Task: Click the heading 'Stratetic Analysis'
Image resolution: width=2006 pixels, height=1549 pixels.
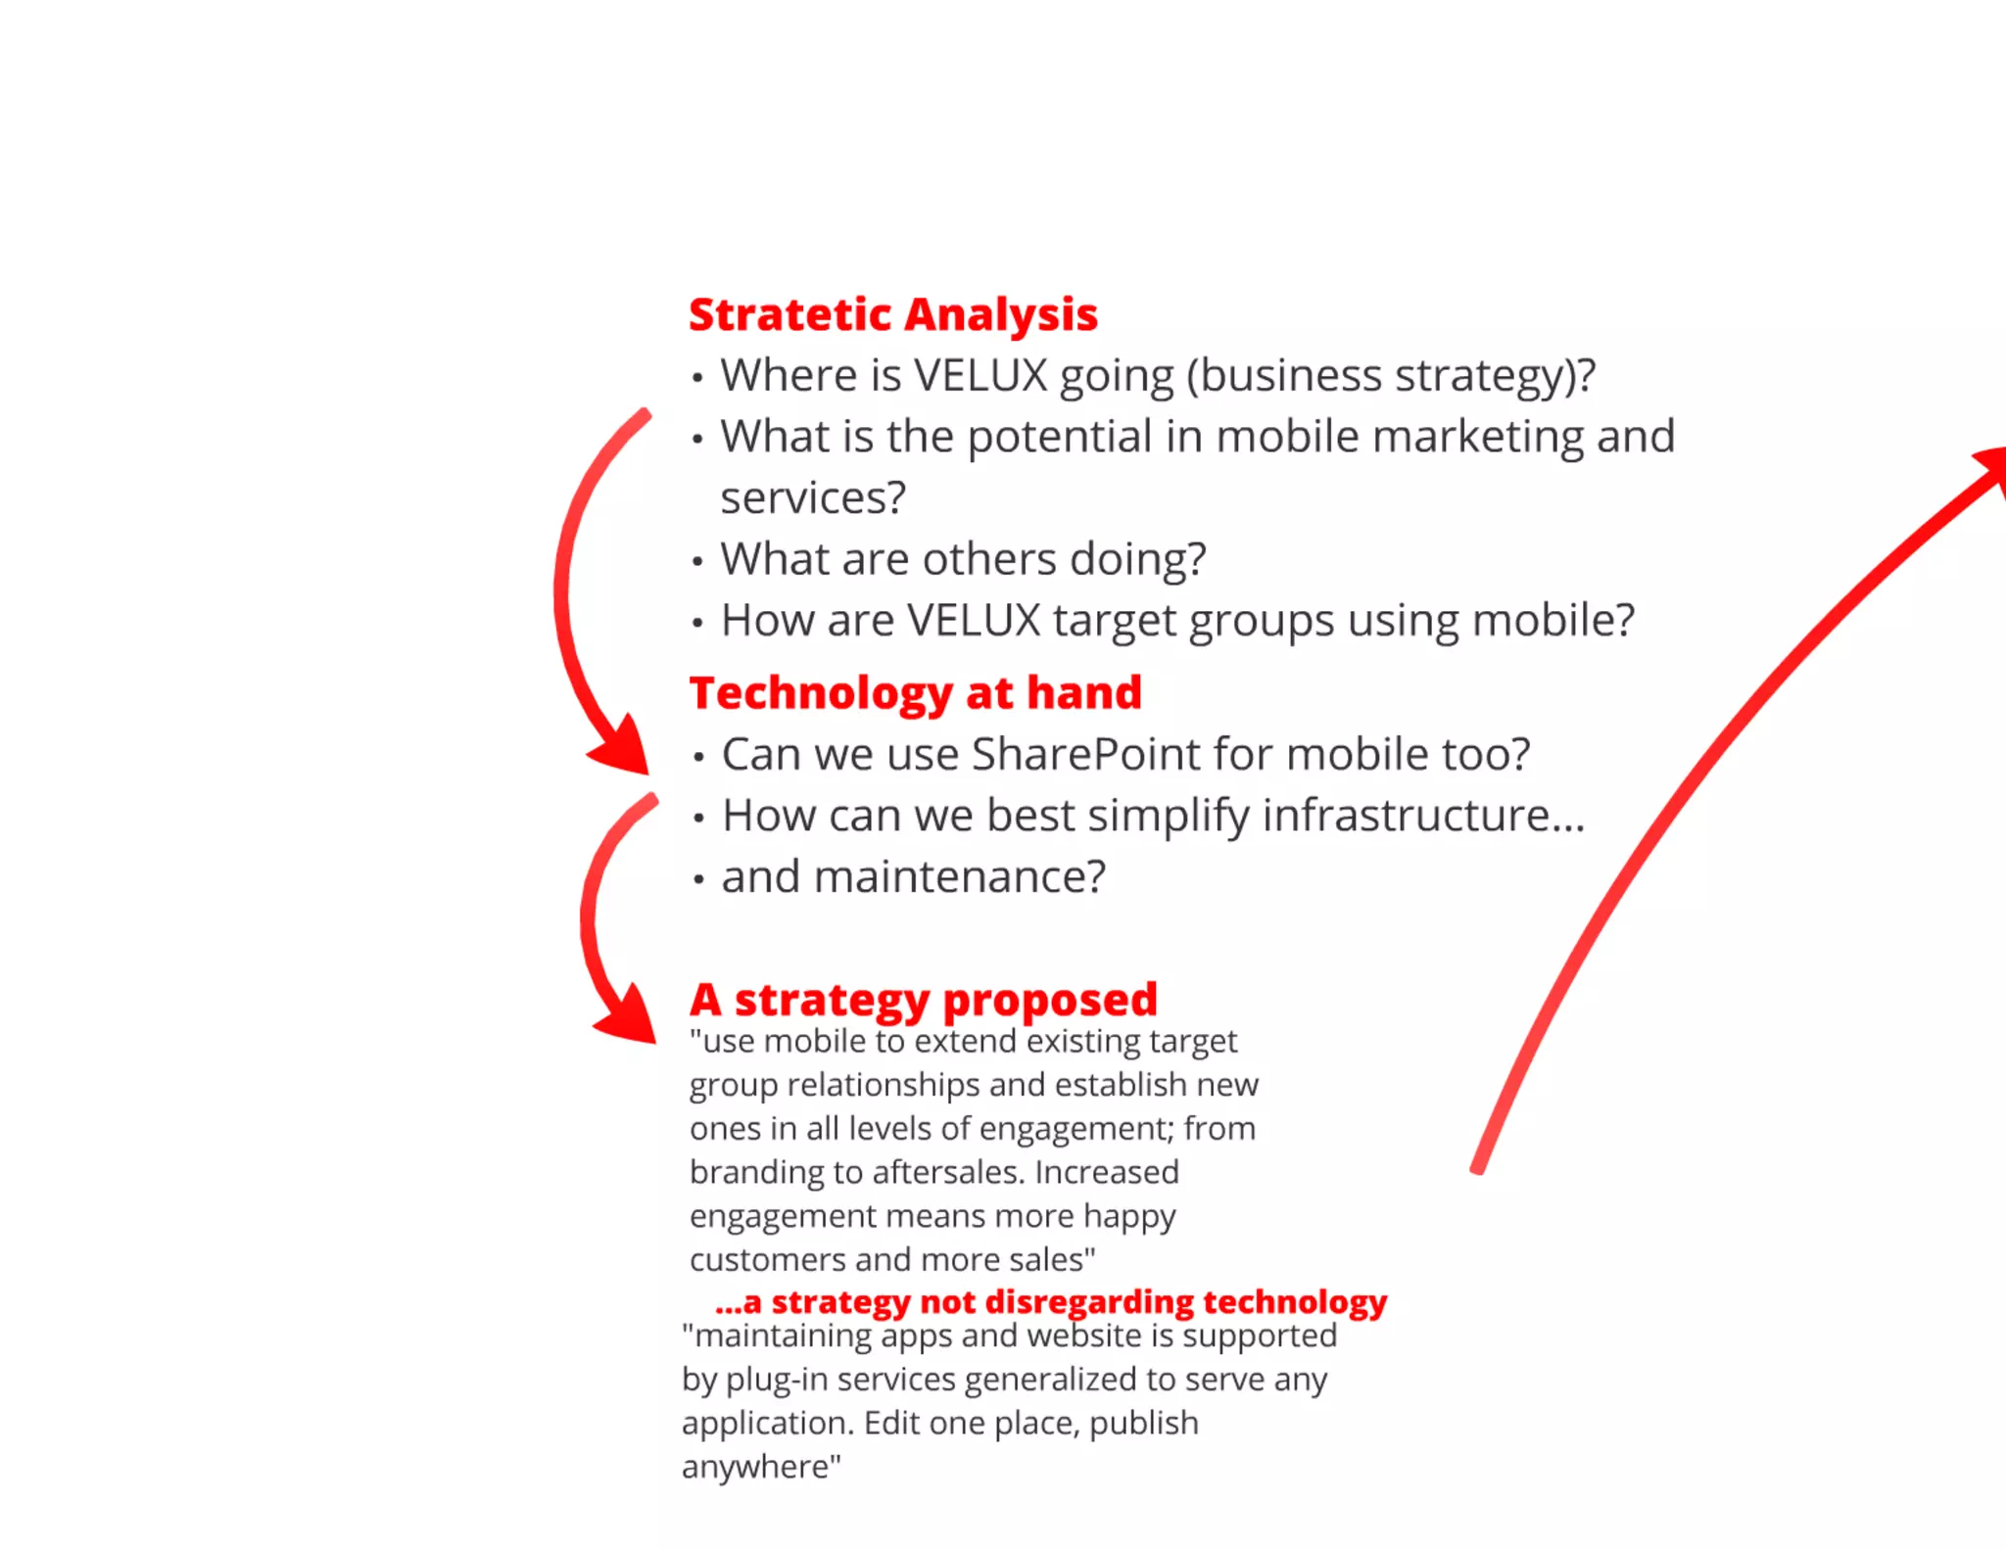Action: (x=892, y=315)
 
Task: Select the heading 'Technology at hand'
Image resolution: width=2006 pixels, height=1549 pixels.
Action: (x=915, y=693)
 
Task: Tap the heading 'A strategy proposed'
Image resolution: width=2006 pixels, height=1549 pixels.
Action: (x=923, y=1000)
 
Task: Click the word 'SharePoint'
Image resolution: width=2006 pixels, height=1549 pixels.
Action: (x=1085, y=755)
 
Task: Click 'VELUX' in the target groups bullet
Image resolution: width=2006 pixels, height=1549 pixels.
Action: (x=974, y=621)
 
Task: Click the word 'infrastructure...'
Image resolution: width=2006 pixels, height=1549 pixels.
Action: (x=1423, y=816)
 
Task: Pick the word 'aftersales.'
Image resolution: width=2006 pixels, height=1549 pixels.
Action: (x=948, y=1173)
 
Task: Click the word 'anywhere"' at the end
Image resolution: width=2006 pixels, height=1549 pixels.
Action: (x=761, y=1467)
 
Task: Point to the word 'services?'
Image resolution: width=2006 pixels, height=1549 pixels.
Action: (x=813, y=498)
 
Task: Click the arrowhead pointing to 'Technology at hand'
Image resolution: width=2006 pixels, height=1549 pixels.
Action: (x=623, y=748)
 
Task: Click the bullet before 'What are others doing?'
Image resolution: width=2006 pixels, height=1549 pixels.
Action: (x=697, y=562)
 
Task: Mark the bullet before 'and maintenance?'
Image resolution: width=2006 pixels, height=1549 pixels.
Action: (x=698, y=879)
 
